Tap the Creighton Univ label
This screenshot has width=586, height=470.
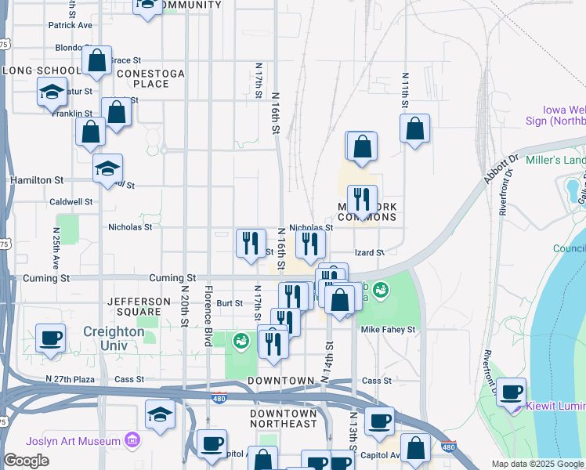(x=114, y=331)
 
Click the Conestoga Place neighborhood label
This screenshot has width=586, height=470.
(x=151, y=78)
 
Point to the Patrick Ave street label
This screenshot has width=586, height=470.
(x=70, y=25)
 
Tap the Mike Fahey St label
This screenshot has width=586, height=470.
(x=388, y=330)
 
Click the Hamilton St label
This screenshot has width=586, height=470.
(x=36, y=180)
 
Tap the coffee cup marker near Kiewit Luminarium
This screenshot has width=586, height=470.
(x=512, y=392)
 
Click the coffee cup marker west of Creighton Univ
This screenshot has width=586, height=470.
(x=51, y=338)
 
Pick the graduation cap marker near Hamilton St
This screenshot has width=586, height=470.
(x=108, y=168)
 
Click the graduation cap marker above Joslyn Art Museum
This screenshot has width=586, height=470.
(x=160, y=414)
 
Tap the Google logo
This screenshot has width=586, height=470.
(x=26, y=461)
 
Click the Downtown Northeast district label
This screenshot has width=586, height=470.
(x=283, y=418)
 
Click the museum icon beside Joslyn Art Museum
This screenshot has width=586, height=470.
(x=132, y=440)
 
